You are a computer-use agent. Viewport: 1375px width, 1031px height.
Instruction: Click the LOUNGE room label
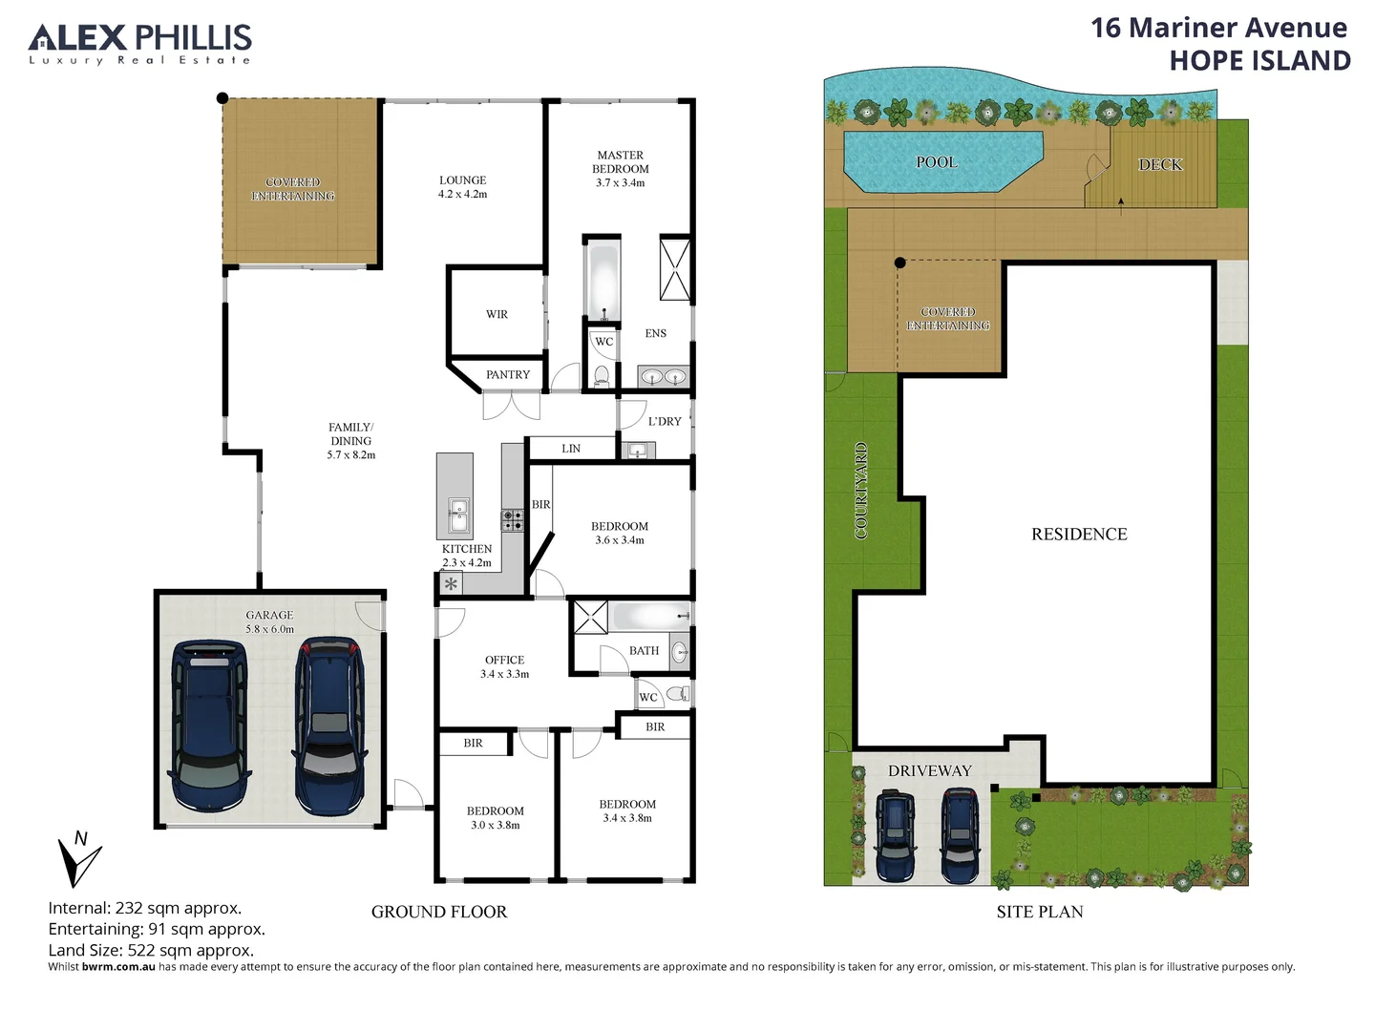point(462,186)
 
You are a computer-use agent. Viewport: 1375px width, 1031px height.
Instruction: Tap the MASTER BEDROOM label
point(620,168)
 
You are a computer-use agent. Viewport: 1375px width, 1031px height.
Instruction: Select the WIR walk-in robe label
point(497,314)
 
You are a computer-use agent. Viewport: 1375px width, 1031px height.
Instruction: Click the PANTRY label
point(507,374)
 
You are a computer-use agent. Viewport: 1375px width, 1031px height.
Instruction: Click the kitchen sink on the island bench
point(458,515)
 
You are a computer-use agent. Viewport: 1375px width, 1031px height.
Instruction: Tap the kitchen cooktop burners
point(513,520)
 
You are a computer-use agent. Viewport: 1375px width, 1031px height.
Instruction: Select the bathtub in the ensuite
point(603,282)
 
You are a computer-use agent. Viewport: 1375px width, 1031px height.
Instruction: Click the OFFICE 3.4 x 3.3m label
point(504,666)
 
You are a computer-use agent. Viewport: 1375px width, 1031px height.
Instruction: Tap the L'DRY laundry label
point(665,421)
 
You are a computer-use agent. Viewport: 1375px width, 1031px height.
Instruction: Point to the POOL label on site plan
point(936,162)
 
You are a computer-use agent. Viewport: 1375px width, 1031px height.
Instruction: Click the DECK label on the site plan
point(1160,164)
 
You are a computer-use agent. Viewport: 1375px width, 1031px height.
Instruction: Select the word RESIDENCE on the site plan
point(1079,534)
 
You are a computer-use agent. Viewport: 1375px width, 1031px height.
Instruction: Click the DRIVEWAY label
point(929,770)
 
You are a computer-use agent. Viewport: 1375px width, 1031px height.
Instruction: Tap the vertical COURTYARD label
point(860,492)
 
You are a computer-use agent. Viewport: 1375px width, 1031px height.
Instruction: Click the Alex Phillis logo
point(140,44)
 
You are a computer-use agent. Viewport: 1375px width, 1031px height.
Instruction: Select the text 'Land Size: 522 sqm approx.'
point(151,950)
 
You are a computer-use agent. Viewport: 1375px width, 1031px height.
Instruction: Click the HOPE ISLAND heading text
point(1259,60)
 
